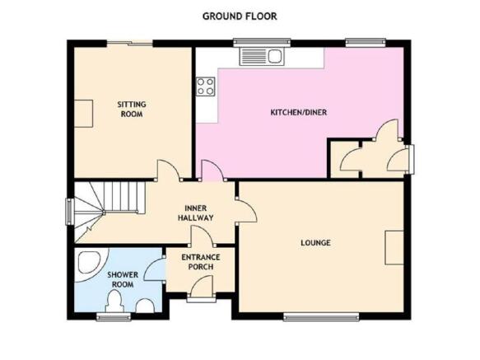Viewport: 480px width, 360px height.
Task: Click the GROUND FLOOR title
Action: pos(240,16)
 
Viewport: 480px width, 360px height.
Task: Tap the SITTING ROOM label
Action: pos(132,109)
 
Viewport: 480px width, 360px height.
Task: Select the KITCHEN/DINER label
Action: pos(299,112)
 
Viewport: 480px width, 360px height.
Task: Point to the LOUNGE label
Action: pos(315,243)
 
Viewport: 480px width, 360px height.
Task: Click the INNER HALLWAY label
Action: pos(196,213)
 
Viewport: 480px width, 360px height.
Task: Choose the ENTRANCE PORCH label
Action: pos(201,262)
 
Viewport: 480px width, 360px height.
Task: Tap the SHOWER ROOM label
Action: pos(123,279)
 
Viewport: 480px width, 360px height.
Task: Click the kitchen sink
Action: pos(262,57)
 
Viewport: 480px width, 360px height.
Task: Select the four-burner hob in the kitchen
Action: pos(205,86)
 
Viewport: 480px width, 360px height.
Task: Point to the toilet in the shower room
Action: pos(114,302)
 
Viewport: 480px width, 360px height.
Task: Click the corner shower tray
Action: pos(91,264)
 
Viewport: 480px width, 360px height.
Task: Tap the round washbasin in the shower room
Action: pos(144,306)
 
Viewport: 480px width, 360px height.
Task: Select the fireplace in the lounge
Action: pos(394,248)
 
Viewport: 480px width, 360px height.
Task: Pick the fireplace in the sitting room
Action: pos(84,114)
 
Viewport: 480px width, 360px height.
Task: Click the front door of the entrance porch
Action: pos(201,286)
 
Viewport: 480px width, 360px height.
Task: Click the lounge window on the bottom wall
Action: pos(321,316)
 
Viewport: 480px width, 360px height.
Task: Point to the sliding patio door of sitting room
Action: pos(129,43)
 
